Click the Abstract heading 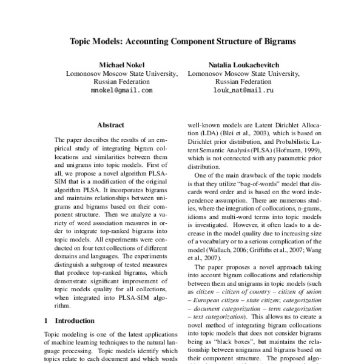point(111,124)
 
